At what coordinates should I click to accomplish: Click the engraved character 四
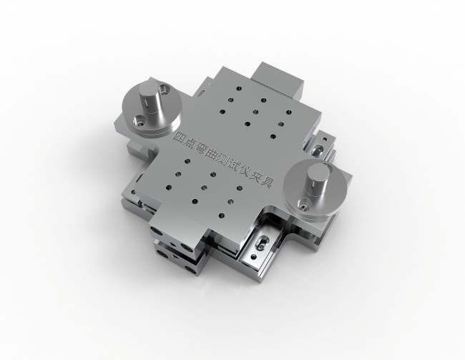(x=180, y=137)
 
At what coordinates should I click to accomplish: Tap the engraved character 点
(x=191, y=143)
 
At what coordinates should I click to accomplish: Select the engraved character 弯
(x=202, y=149)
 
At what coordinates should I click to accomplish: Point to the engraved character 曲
(x=213, y=155)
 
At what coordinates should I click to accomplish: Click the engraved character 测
(x=224, y=161)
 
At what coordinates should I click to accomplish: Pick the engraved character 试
(x=235, y=167)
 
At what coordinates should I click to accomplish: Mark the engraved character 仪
(x=246, y=172)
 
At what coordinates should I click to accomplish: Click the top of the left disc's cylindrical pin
(x=149, y=89)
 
